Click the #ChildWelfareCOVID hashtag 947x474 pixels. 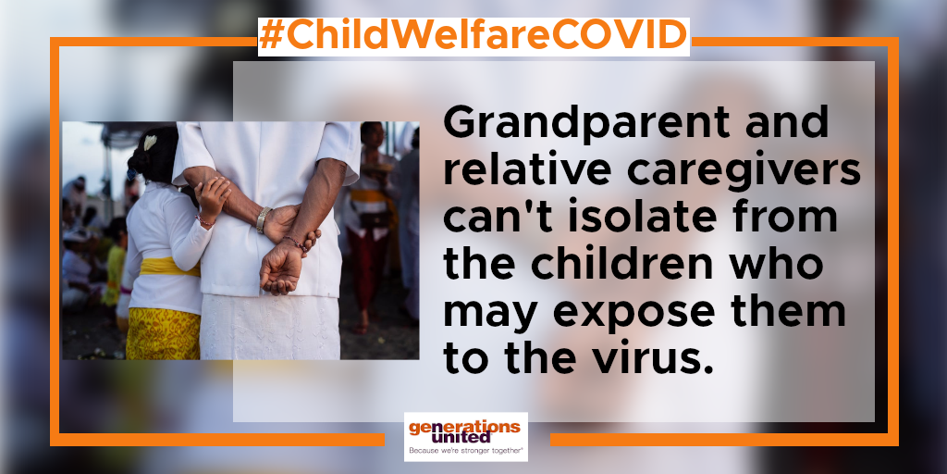click(473, 36)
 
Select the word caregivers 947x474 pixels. click(744, 172)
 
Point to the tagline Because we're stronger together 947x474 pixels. click(465, 451)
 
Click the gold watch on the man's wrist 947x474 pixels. click(262, 219)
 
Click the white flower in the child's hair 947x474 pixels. click(150, 143)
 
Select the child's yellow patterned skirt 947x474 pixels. click(163, 333)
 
